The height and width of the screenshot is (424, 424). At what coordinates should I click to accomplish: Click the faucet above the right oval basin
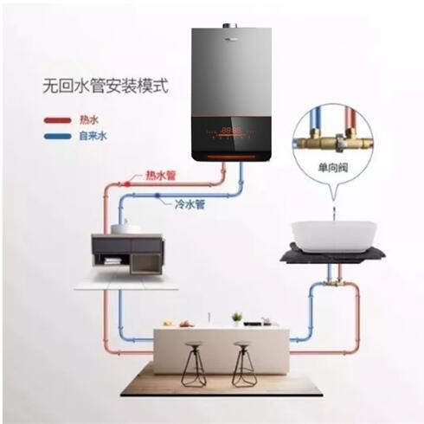tap(334, 210)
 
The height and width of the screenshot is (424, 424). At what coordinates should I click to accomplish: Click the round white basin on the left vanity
tap(125, 227)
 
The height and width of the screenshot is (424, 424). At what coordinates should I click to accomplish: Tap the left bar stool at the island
tap(193, 364)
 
